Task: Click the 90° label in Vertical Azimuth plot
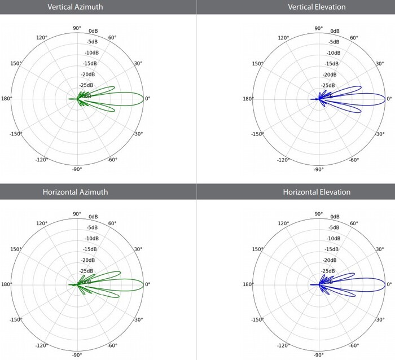(77, 28)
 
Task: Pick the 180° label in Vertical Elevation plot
(247, 99)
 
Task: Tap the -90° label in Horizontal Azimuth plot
(77, 354)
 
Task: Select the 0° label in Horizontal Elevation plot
(390, 284)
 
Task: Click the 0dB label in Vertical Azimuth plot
(94, 32)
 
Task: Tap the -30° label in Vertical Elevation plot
(380, 134)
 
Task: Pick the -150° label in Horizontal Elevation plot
(257, 319)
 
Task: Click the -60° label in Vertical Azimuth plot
(112, 160)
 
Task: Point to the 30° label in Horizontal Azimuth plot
(138, 249)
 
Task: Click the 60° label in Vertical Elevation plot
(354, 38)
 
